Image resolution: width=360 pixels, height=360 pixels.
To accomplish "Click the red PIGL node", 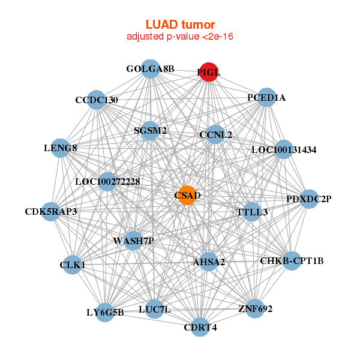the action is pyautogui.click(x=209, y=72).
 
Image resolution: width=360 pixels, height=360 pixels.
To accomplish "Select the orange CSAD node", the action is pyautogui.click(x=188, y=196).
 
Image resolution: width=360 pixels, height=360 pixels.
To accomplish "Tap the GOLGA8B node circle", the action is pyautogui.click(x=150, y=69).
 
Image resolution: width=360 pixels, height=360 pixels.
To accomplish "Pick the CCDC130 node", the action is pyautogui.click(x=97, y=100).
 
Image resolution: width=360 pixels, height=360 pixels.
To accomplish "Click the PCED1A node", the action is pyautogui.click(x=266, y=98).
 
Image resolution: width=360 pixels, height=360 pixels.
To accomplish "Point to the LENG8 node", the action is pyautogui.click(x=61, y=148).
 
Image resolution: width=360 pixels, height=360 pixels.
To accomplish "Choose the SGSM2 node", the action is pyautogui.click(x=151, y=130).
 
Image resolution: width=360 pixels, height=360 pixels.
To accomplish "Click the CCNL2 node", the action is pyautogui.click(x=215, y=134).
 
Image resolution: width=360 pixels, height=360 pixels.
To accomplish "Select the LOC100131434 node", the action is pyautogui.click(x=284, y=149).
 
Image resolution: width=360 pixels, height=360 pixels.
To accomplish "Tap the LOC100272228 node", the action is pyautogui.click(x=108, y=181).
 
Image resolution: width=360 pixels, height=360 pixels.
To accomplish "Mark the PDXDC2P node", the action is pyautogui.click(x=308, y=199).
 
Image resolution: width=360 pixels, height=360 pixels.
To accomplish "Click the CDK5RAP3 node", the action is pyautogui.click(x=51, y=211).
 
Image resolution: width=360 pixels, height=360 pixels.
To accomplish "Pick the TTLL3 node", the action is pyautogui.click(x=252, y=212).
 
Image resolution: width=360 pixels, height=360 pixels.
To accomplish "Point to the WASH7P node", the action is pyautogui.click(x=134, y=241).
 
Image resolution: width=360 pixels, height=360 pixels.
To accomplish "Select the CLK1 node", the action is pyautogui.click(x=73, y=265).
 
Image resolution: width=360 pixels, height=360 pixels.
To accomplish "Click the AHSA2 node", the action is pyautogui.click(x=209, y=262).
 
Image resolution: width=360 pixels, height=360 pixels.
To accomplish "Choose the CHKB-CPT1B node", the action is pyautogui.click(x=292, y=261).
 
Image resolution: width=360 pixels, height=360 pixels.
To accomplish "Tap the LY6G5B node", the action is pyautogui.click(x=105, y=312).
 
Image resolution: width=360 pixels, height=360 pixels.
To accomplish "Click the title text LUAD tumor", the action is pyautogui.click(x=180, y=25).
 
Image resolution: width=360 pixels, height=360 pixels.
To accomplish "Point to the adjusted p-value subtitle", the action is pyautogui.click(x=180, y=37).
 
